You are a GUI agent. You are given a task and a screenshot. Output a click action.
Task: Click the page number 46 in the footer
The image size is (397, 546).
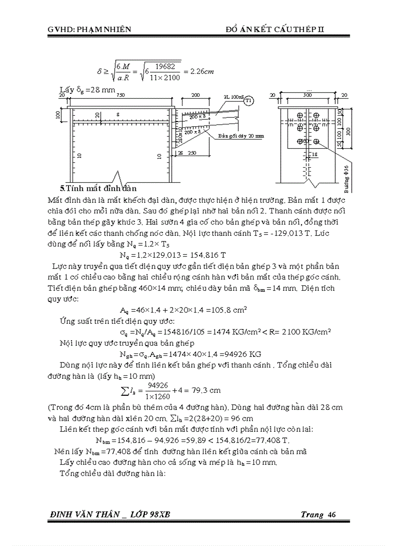point(332,515)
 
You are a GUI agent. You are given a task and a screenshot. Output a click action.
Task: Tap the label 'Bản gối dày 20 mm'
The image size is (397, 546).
point(241,136)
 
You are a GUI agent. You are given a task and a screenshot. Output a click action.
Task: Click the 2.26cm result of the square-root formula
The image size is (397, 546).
point(201,71)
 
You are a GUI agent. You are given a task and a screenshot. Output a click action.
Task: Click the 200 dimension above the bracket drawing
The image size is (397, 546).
point(195,95)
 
